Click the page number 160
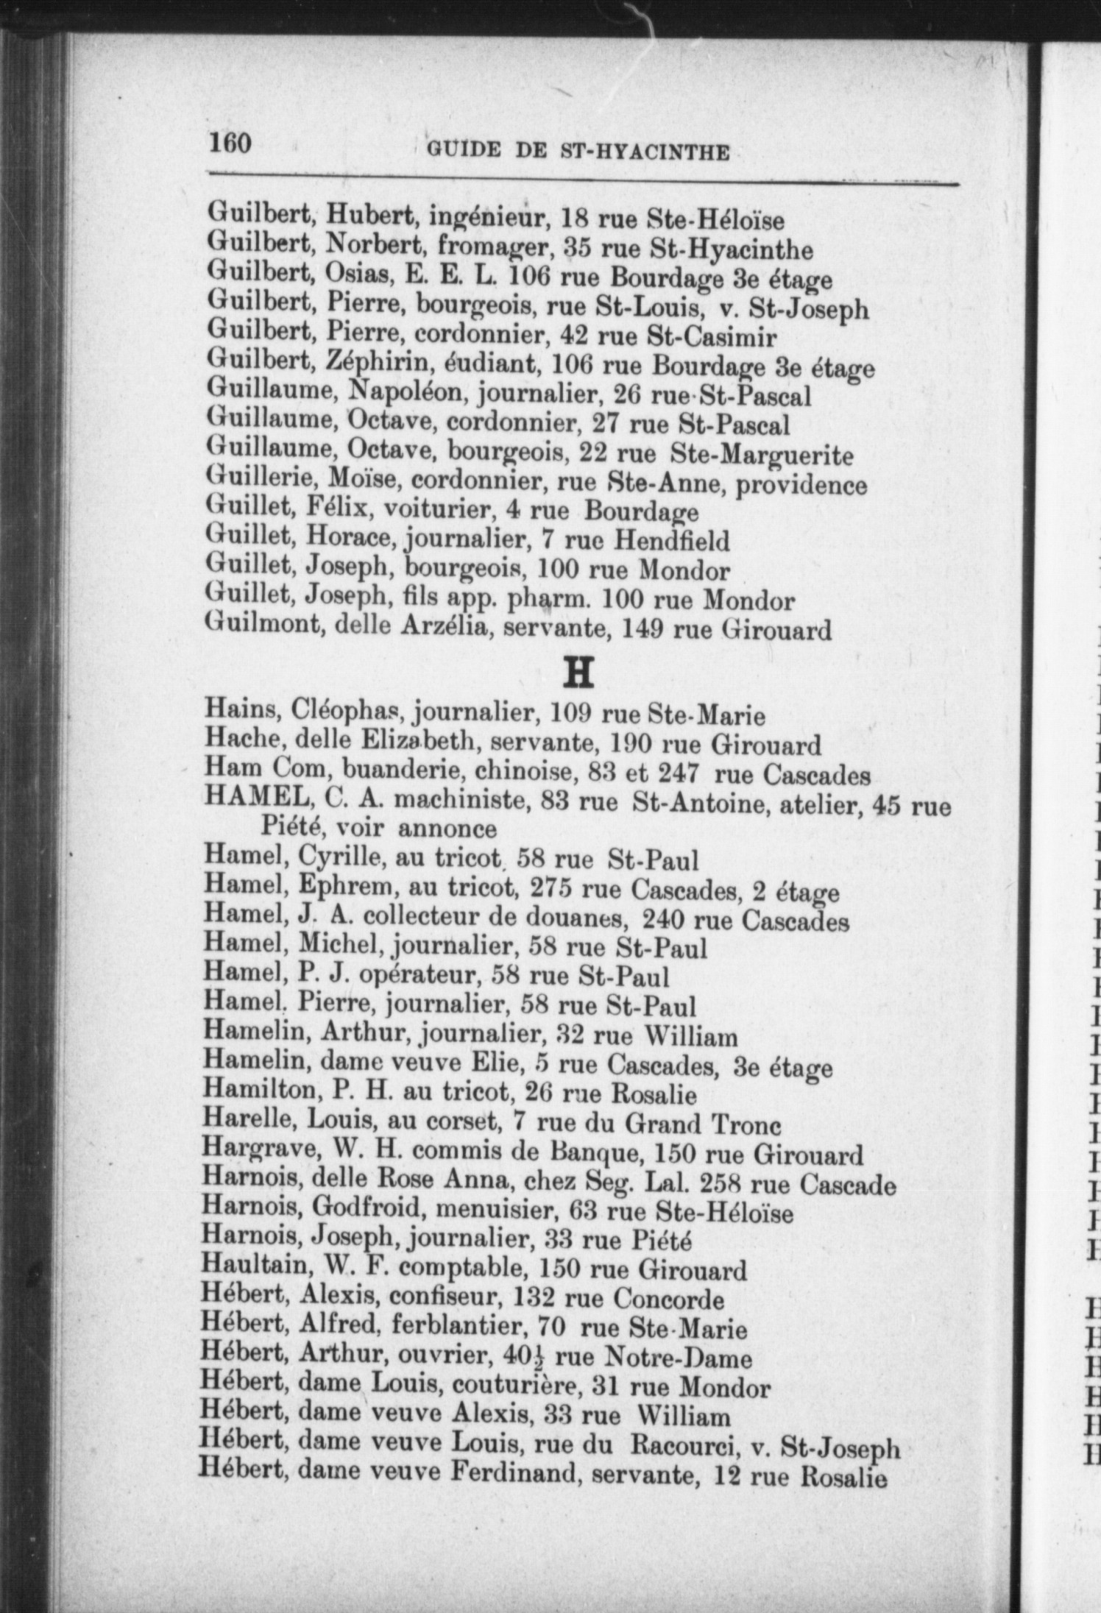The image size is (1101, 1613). [230, 143]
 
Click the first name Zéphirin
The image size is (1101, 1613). [367, 364]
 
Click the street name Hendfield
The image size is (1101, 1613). [672, 542]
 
